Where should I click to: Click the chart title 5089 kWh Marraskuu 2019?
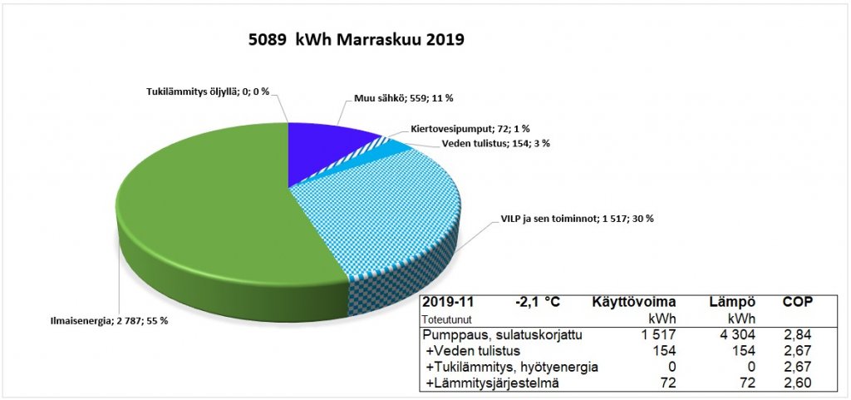pyautogui.click(x=356, y=40)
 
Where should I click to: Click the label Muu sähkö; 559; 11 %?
pyautogui.click(x=397, y=98)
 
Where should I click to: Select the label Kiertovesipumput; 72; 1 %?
pyautogui.click(x=470, y=130)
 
